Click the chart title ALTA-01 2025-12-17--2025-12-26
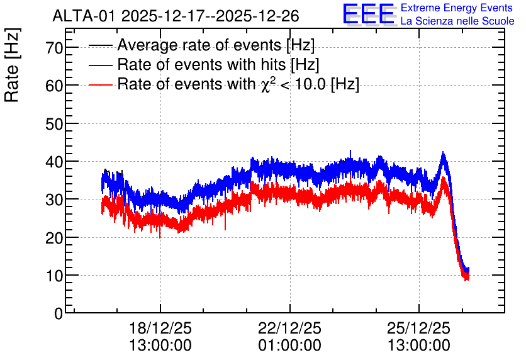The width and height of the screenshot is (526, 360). (x=176, y=16)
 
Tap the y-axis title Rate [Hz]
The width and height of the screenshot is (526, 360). (x=12, y=65)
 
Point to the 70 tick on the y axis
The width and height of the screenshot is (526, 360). (x=54, y=48)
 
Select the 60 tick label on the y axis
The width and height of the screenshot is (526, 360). (x=54, y=86)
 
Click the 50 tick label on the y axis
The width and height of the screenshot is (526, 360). (x=54, y=124)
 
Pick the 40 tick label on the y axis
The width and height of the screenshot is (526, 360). (x=54, y=162)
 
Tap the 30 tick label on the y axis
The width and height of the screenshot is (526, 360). (x=54, y=200)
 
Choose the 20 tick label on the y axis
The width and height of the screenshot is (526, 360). (x=54, y=238)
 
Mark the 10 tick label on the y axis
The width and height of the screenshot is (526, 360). (x=54, y=276)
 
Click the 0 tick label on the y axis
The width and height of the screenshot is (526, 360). (x=59, y=313)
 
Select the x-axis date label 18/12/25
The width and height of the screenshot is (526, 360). (x=160, y=328)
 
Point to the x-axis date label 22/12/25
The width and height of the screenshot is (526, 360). (x=289, y=328)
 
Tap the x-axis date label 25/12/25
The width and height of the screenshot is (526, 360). (x=418, y=328)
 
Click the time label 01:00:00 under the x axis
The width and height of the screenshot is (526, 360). (x=289, y=346)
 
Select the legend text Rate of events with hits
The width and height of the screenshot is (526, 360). (x=201, y=64)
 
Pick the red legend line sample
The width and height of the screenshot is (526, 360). (x=100, y=84)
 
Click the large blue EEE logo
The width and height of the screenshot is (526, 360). (x=369, y=14)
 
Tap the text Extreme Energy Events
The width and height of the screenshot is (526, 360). (x=457, y=8)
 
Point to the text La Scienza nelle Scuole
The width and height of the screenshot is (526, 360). (x=457, y=21)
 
